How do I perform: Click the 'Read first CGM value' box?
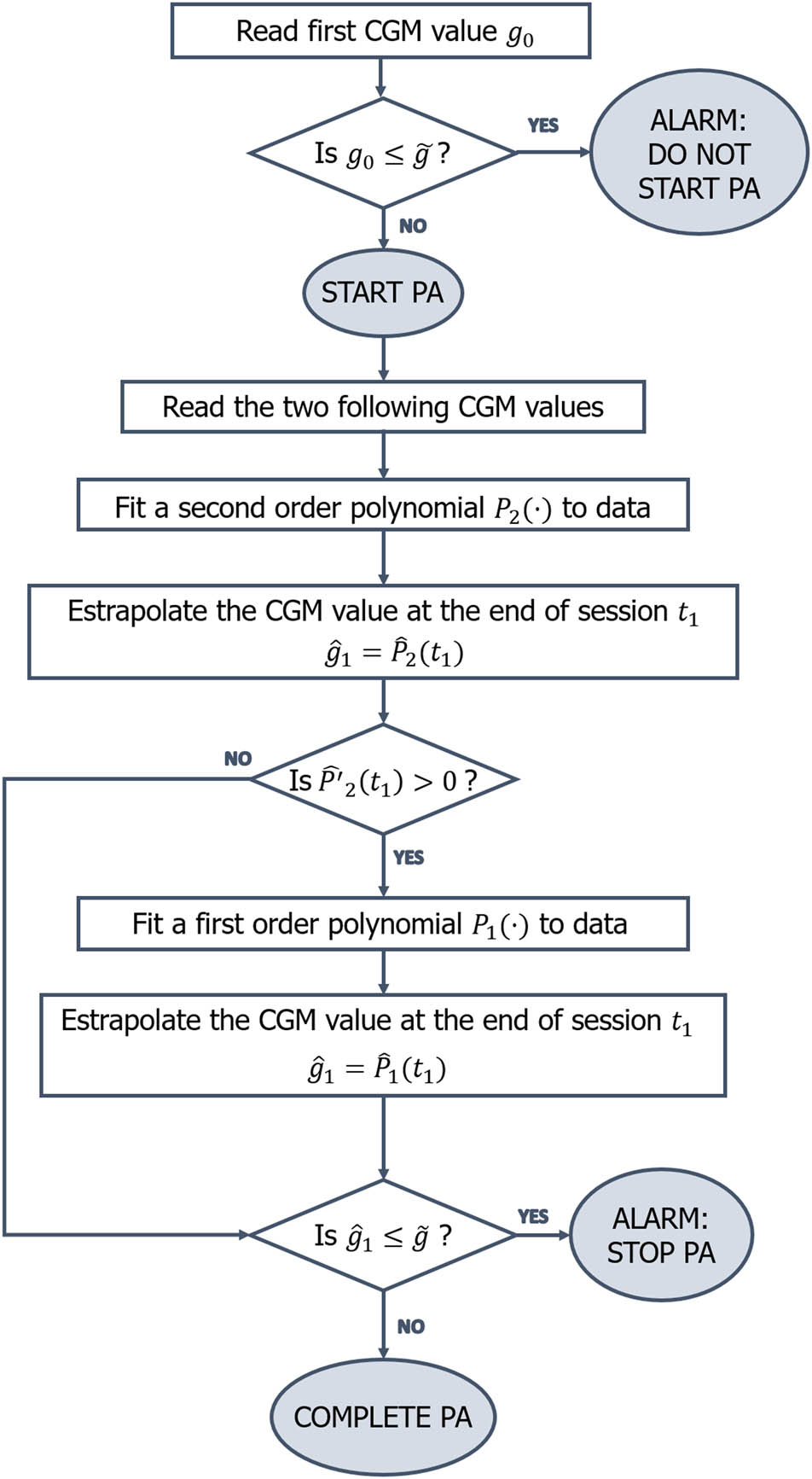[x=380, y=32]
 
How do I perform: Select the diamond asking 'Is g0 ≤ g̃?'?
[x=382, y=154]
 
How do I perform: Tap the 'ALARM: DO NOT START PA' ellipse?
[x=699, y=154]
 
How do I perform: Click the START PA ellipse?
[x=382, y=293]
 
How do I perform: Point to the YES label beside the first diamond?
[x=542, y=125]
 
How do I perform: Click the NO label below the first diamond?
[x=413, y=226]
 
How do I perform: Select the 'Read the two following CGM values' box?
[x=382, y=407]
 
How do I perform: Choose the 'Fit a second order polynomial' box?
[x=382, y=509]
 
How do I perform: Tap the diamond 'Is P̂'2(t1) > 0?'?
[x=382, y=780]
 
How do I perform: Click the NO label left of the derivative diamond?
[x=237, y=759]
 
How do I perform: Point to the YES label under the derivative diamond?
[x=409, y=858]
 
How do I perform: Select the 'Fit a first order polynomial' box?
[x=382, y=924]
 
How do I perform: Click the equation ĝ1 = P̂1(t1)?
[x=378, y=1069]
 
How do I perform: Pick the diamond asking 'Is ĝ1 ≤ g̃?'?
[x=382, y=1236]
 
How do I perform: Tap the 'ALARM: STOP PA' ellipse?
[x=661, y=1236]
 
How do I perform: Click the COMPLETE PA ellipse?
[x=382, y=1418]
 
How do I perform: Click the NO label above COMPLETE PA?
[x=410, y=1327]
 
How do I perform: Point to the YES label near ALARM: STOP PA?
[x=533, y=1216]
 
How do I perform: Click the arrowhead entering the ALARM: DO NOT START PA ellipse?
[x=584, y=154]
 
